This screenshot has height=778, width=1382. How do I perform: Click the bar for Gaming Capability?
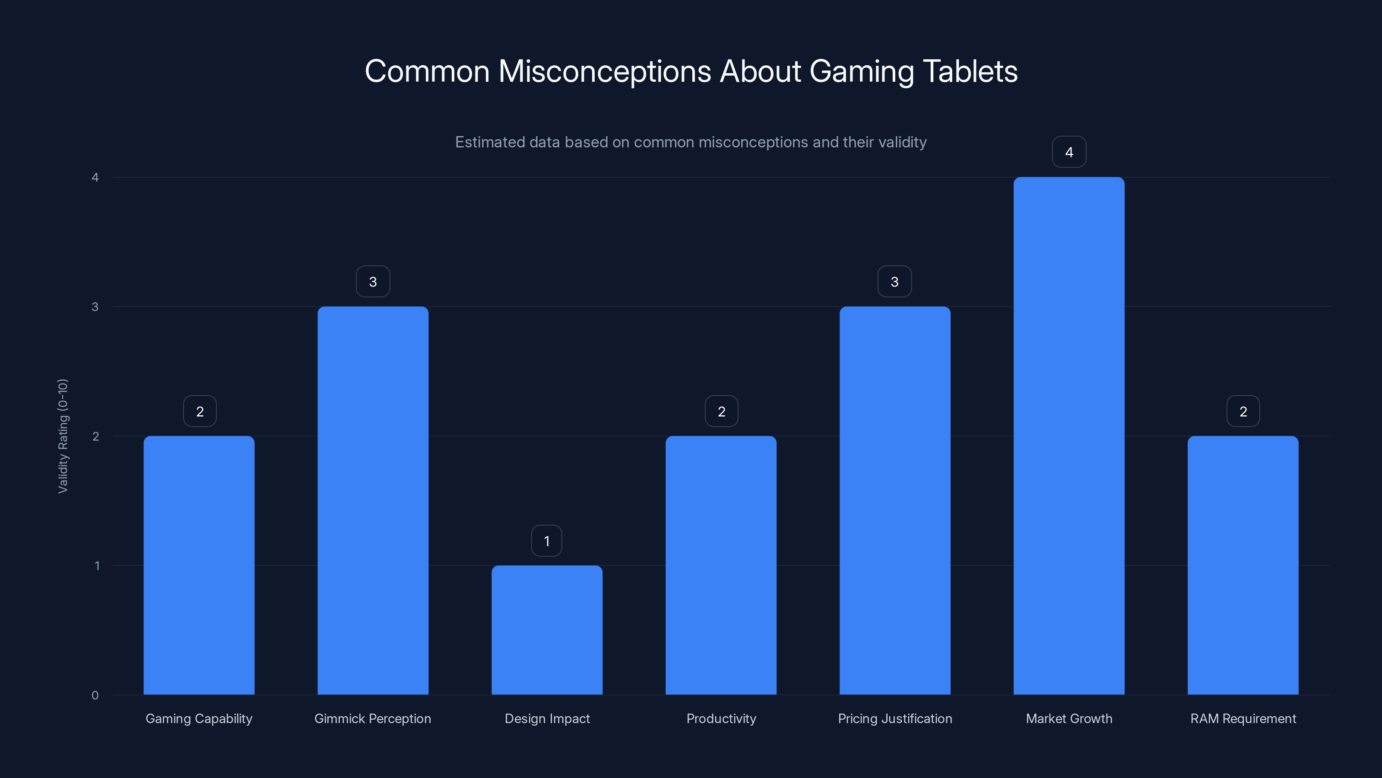click(199, 565)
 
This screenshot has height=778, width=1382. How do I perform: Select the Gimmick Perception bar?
click(373, 501)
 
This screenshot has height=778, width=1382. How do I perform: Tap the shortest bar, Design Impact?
click(547, 630)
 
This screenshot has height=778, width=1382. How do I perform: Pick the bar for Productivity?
click(721, 565)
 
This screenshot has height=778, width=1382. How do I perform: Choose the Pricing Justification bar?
click(895, 501)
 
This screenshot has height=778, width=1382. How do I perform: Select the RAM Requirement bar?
click(1243, 565)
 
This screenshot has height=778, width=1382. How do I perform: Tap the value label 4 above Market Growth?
click(1069, 153)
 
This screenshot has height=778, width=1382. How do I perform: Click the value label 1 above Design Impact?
click(547, 541)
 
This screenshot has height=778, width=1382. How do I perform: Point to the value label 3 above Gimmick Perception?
click(373, 282)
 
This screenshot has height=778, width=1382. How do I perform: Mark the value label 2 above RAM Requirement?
click(1243, 412)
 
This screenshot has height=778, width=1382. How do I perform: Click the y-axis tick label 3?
click(95, 306)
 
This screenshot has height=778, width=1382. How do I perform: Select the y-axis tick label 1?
click(97, 565)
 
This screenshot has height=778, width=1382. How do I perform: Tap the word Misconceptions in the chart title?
click(605, 71)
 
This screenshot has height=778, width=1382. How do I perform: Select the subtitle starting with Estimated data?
click(691, 142)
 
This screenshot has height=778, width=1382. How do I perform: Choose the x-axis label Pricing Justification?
click(895, 718)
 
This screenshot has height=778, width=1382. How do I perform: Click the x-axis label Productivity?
click(721, 718)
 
